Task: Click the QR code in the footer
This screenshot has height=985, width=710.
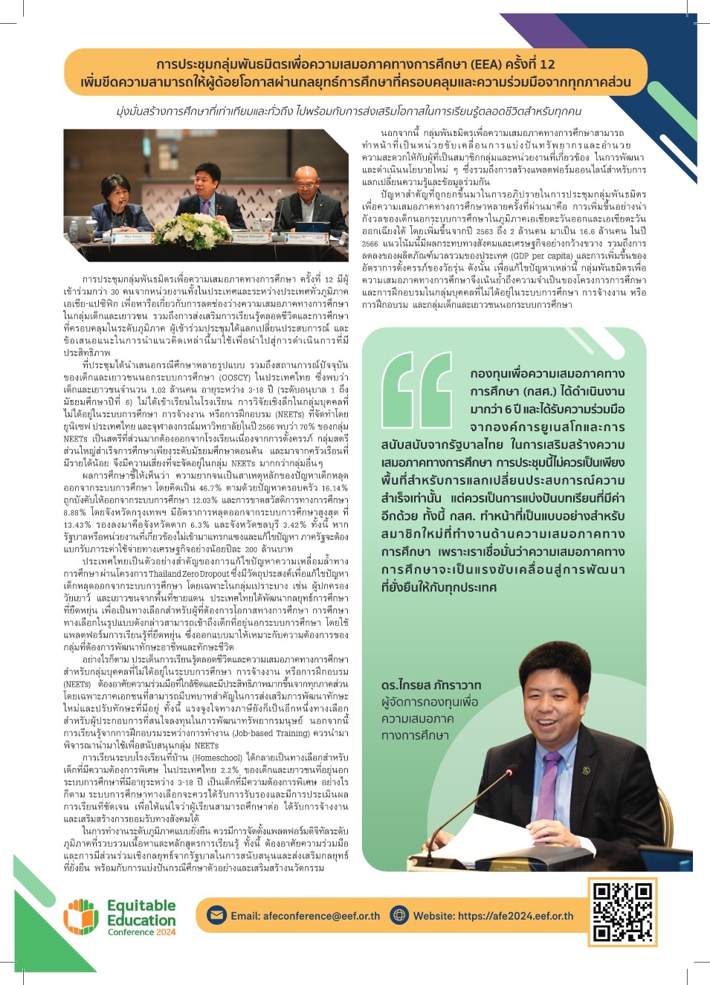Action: tap(622, 911)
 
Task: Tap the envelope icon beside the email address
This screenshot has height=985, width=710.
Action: tap(216, 915)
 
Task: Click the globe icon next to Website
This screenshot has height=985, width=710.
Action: tap(399, 915)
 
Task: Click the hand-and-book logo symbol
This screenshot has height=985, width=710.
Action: tap(82, 917)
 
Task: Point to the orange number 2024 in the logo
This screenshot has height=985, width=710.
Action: tap(166, 932)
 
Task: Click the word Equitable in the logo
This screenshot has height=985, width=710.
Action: tap(141, 905)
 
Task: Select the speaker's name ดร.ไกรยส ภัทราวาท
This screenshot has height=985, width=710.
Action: tap(430, 685)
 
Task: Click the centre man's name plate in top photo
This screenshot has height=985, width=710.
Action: tap(229, 236)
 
